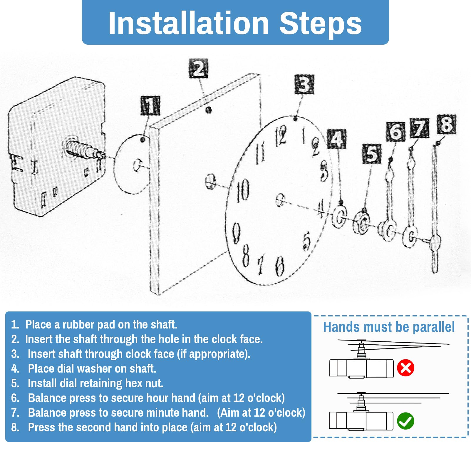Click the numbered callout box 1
pyautogui.click(x=150, y=105)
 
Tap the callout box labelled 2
pyautogui.click(x=198, y=68)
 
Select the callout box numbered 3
pyautogui.click(x=304, y=85)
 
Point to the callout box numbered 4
pyautogui.click(x=337, y=139)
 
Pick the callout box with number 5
pyautogui.click(x=372, y=154)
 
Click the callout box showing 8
pyautogui.click(x=447, y=124)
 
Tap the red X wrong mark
pyautogui.click(x=405, y=368)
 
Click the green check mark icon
pyautogui.click(x=405, y=421)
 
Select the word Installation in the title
pyautogui.click(x=189, y=23)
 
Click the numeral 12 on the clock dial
pyautogui.click(x=281, y=136)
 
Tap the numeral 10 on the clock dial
pyautogui.click(x=243, y=190)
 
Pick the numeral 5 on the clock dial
pyautogui.click(x=306, y=241)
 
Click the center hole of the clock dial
pyautogui.click(x=280, y=200)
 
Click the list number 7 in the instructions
pyautogui.click(x=15, y=413)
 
